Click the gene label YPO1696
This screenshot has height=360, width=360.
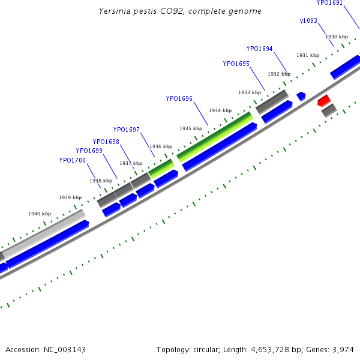(179, 98)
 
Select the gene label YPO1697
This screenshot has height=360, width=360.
(126, 130)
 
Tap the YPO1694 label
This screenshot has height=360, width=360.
(259, 49)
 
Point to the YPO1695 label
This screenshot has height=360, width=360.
(236, 64)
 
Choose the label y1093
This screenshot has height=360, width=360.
(308, 21)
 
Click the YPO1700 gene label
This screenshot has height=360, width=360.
(72, 160)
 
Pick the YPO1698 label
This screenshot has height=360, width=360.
(106, 142)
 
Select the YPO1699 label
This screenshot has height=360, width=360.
(89, 151)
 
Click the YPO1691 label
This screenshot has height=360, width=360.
(329, 3)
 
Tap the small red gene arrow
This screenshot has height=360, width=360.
(324, 99)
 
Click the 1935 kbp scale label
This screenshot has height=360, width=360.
(190, 128)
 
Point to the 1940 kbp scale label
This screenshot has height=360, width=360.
(40, 214)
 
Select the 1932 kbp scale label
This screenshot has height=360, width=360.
(279, 74)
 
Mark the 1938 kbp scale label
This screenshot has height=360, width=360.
(101, 181)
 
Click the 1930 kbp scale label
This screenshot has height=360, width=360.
(337, 37)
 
